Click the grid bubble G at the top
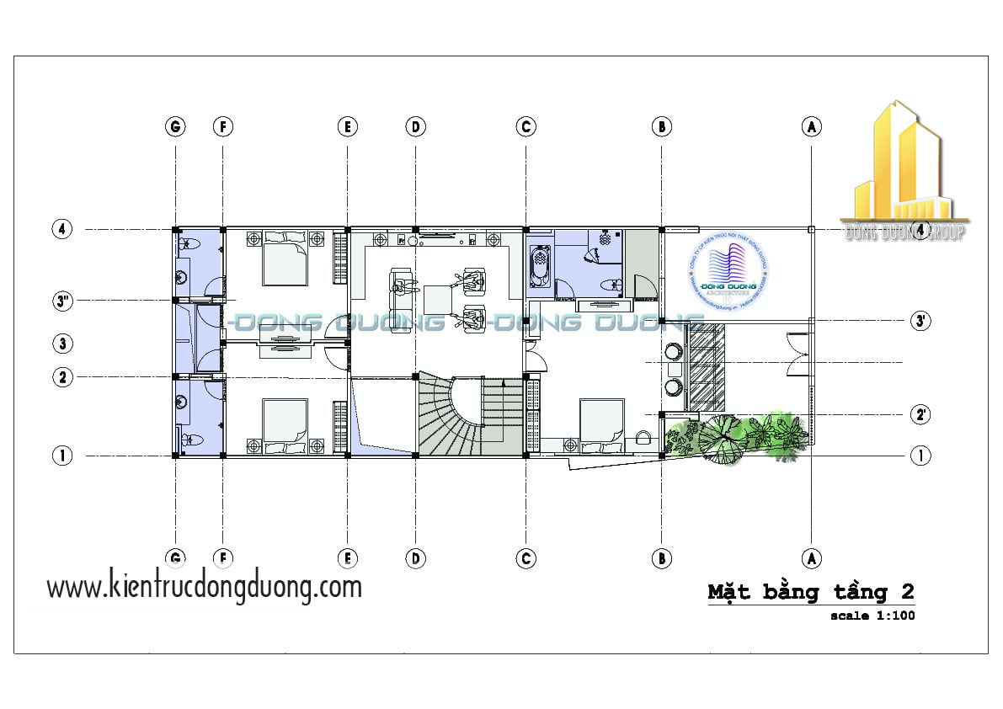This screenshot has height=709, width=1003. tap(175, 127)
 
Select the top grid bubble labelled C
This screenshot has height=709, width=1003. tap(526, 127)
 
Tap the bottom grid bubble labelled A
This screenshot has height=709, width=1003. tap(811, 557)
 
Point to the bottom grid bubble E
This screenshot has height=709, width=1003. tap(347, 557)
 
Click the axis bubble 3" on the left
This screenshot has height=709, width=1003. tap(61, 301)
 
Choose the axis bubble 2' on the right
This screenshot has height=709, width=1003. tap(920, 414)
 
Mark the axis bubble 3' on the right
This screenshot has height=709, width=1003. tap(920, 321)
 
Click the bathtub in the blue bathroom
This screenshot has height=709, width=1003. tap(540, 263)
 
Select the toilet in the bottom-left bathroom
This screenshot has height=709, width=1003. tap(189, 439)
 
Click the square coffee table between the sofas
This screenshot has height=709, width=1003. tap(438, 299)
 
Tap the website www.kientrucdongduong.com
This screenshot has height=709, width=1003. tap(204, 586)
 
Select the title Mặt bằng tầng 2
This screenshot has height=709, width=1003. tap(810, 592)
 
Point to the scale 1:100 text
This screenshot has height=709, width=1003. tap(872, 616)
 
